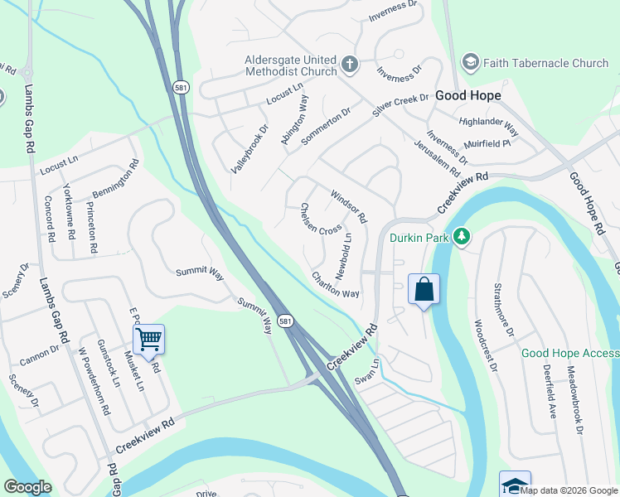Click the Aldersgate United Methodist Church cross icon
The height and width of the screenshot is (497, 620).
coord(350,64)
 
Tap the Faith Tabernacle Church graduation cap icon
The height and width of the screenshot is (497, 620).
coord(471,62)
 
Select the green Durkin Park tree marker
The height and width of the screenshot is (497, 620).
coord(463,239)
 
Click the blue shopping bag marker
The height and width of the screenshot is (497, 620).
coord(424,290)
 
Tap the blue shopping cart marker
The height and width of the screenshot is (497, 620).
coord(148,339)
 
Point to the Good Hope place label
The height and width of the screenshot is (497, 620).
coord(468,95)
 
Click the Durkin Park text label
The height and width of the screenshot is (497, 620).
coord(419,239)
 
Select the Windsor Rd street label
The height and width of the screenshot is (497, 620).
coord(348,207)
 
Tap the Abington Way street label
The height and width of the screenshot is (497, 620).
coord(294,120)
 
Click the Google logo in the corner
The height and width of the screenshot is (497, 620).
coord(27,487)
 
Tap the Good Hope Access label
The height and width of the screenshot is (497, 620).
coord(569,354)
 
